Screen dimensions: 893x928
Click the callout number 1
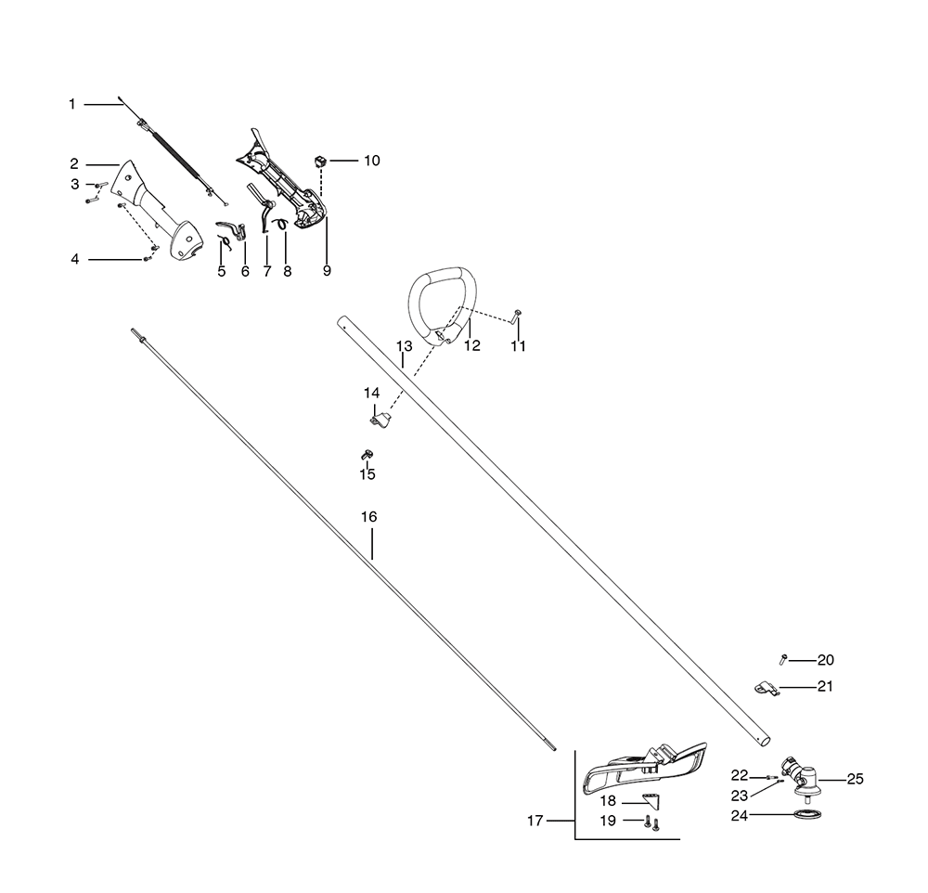pyautogui.click(x=72, y=105)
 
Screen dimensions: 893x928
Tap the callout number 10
pyautogui.click(x=371, y=161)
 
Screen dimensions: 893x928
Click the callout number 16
pyautogui.click(x=369, y=516)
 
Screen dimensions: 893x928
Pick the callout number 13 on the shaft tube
pyautogui.click(x=404, y=347)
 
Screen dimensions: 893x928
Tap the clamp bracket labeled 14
pyautogui.click(x=379, y=420)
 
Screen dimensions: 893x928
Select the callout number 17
pyautogui.click(x=535, y=821)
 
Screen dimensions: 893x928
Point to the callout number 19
pyautogui.click(x=608, y=821)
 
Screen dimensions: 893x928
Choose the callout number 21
pyautogui.click(x=824, y=687)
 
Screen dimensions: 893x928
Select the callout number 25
pyautogui.click(x=855, y=779)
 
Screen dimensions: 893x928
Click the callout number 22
pyautogui.click(x=739, y=775)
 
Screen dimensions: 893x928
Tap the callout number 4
pyautogui.click(x=75, y=259)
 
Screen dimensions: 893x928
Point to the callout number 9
pyautogui.click(x=327, y=271)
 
